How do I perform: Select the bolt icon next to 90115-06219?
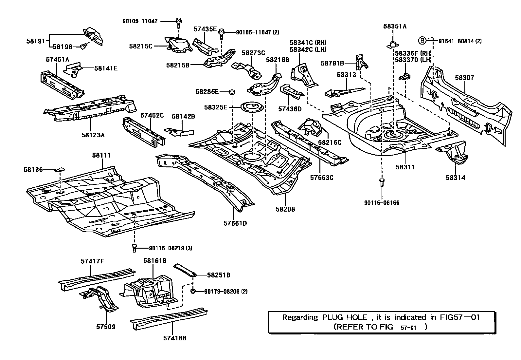point(134,248)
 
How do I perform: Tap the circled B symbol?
point(422,41)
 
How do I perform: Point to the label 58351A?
point(395,27)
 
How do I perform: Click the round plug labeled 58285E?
point(232,92)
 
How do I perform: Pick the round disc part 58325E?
point(251,107)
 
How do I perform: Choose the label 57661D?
point(235,223)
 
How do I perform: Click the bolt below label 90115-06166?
point(382,182)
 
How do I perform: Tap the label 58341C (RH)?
point(308,43)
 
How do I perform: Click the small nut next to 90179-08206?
point(193,291)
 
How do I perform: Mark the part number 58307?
point(464,78)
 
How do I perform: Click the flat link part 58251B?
point(185,270)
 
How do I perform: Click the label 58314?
point(455,178)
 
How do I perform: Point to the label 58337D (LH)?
point(413,60)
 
